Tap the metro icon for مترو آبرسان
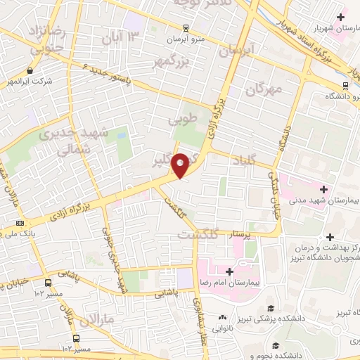(x=185, y=29)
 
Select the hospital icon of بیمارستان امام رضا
(x=230, y=271)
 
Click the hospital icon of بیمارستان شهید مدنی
(x=323, y=188)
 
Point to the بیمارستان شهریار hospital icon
(x=341, y=16)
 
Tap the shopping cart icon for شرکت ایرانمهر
(x=30, y=71)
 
